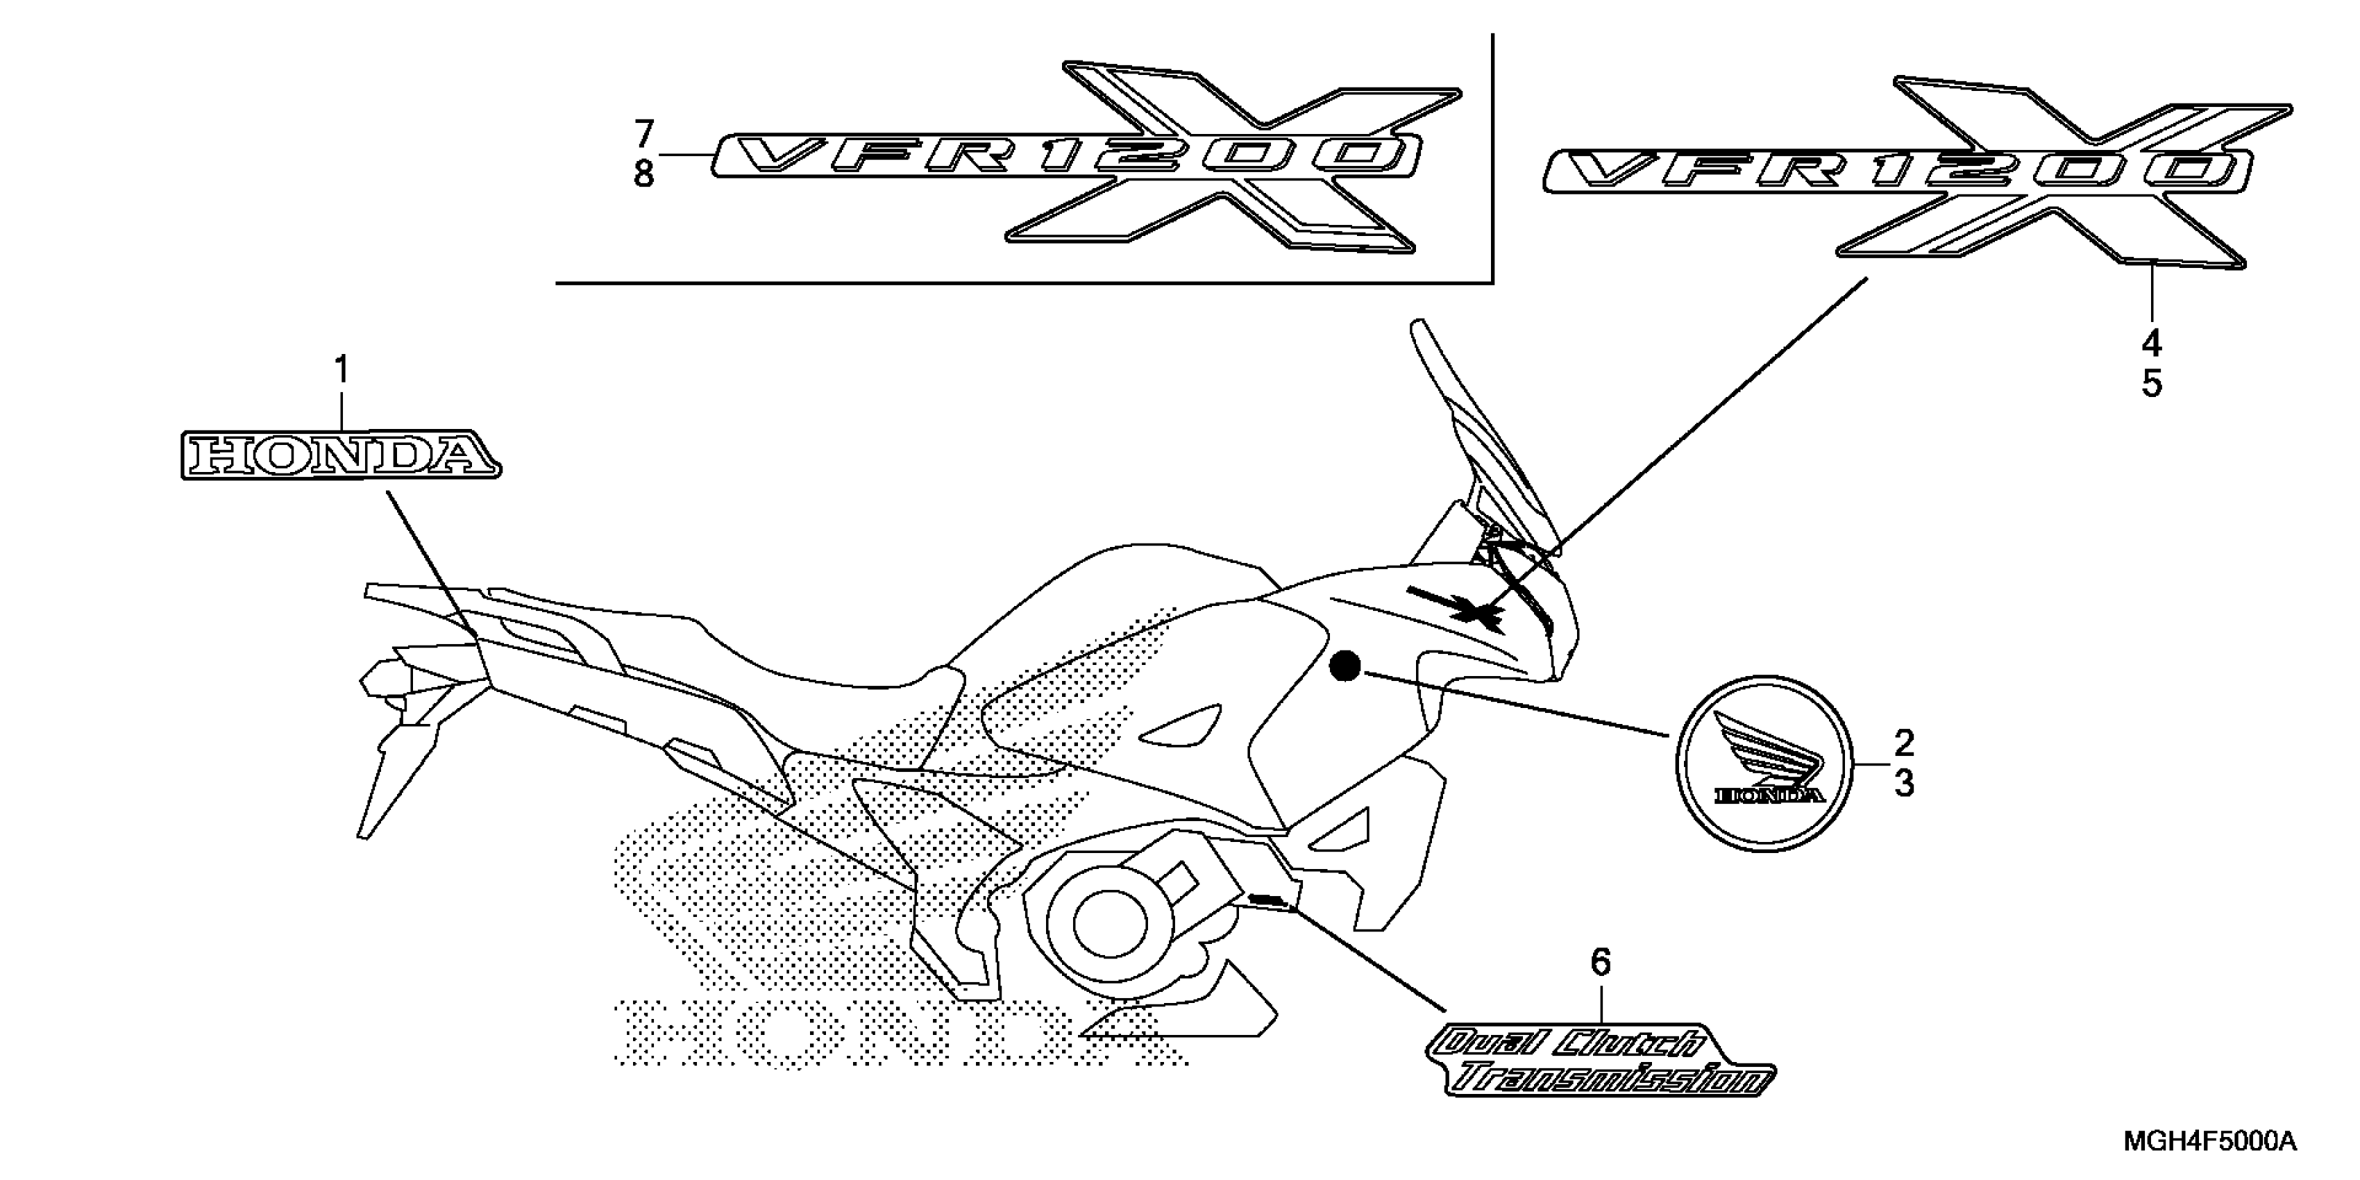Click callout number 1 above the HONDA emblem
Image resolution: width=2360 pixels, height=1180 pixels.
click(341, 371)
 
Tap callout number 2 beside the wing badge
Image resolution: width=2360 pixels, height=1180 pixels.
click(1904, 742)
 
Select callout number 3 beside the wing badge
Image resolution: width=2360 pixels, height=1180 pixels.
click(1904, 783)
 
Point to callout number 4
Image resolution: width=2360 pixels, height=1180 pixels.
click(2151, 344)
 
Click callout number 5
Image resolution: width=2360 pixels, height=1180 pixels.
click(2151, 384)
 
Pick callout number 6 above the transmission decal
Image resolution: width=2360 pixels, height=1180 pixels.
click(1600, 962)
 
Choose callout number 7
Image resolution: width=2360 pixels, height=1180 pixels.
click(644, 135)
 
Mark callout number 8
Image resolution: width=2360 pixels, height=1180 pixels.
click(644, 174)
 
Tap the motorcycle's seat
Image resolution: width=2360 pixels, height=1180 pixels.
click(806, 659)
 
